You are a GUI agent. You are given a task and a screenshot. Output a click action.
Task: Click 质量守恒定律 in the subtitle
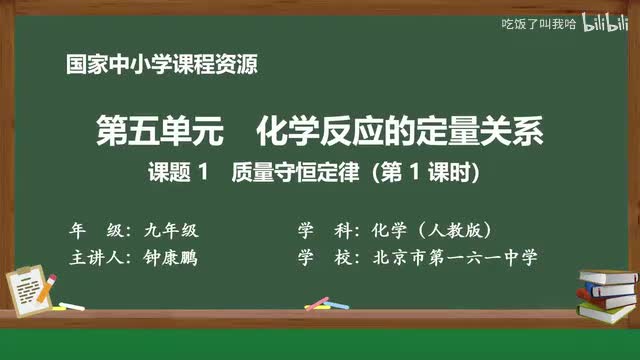pyautogui.click(x=289, y=172)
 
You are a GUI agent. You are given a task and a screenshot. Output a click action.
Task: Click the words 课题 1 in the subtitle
pyautogui.click(x=177, y=172)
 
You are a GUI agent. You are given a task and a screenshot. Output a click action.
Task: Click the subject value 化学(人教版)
pyautogui.click(x=431, y=227)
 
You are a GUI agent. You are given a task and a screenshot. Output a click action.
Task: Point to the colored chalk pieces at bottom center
pyautogui.click(x=317, y=302)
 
